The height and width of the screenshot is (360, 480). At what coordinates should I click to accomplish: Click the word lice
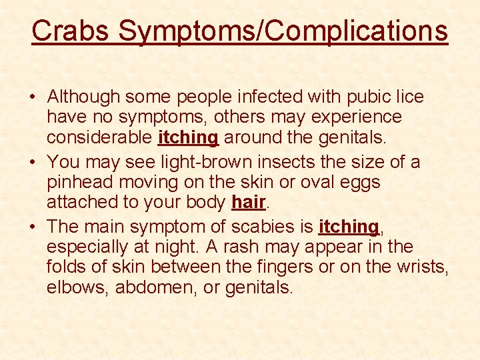coord(410,97)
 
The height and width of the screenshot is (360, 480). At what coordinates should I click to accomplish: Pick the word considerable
coord(100,137)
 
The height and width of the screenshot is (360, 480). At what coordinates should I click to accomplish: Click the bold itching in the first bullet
coord(189,137)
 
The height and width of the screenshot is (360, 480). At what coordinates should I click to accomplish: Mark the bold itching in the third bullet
coord(349,227)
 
